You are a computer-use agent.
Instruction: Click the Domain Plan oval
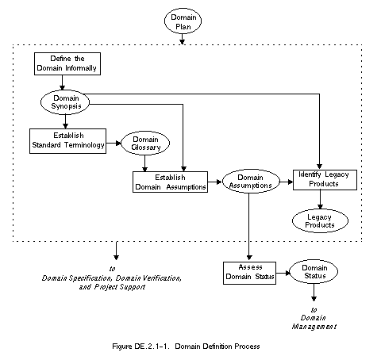(183, 21)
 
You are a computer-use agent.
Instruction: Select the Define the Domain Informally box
(67, 63)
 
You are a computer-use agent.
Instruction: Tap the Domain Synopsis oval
(65, 102)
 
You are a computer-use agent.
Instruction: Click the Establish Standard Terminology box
(67, 141)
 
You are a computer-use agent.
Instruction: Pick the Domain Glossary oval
(145, 143)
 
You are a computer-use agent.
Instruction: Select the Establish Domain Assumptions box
(170, 182)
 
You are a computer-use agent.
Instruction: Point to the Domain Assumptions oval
(251, 182)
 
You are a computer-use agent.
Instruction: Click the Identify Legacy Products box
(325, 180)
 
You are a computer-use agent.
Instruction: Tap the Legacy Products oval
(320, 221)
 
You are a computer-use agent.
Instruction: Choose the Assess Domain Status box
(249, 273)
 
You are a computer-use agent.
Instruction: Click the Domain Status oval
(314, 272)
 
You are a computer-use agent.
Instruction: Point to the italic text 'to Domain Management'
(314, 318)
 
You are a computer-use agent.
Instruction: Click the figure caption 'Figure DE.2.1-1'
(140, 347)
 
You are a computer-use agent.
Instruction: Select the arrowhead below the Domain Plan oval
(182, 42)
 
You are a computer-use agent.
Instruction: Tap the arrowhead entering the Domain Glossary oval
(118, 144)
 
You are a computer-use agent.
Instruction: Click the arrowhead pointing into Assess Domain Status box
(249, 258)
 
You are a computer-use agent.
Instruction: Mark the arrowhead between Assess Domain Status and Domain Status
(288, 273)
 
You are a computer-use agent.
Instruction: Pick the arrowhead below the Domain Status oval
(314, 299)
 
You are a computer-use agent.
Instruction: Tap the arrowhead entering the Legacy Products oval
(320, 206)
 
